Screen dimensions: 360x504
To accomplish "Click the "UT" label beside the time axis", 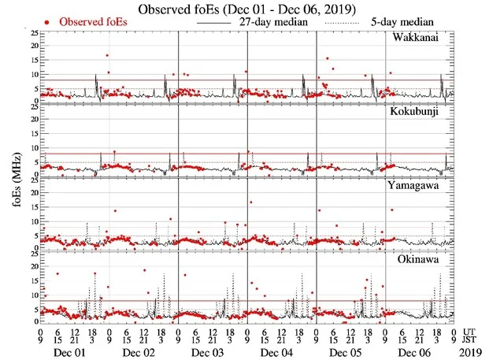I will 469,331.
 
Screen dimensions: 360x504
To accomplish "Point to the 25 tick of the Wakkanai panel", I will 32,33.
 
